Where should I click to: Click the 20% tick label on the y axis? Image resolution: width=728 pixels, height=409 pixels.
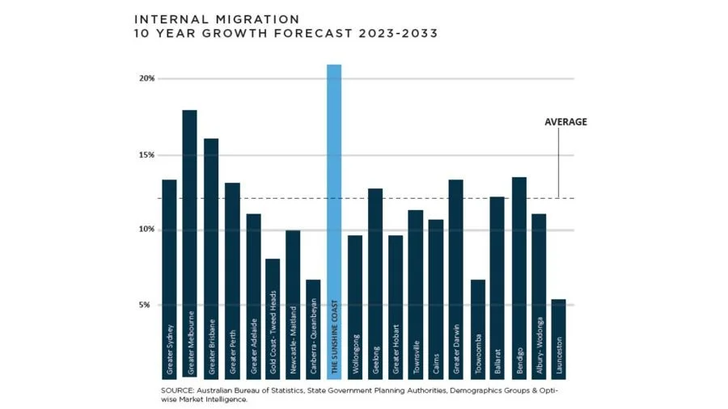click(x=146, y=78)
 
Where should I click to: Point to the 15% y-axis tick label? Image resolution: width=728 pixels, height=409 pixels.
click(x=146, y=155)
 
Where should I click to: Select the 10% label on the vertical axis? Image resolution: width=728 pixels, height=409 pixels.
click(x=146, y=230)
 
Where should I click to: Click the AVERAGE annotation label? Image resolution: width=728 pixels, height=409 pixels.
click(x=565, y=122)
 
